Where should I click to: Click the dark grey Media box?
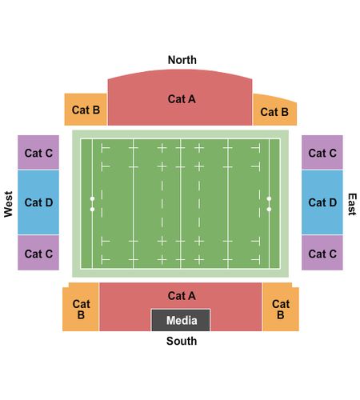point(181,320)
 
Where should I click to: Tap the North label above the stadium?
point(182,60)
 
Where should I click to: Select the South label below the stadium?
point(182,341)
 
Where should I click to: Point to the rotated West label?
point(8,204)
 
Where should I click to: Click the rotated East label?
point(352,204)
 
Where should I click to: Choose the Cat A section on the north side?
point(180,98)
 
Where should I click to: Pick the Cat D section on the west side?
point(38,202)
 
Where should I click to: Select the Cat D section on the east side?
point(322,202)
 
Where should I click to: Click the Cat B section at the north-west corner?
point(86,110)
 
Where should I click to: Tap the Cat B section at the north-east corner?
point(274,110)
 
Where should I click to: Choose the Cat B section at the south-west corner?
point(81,307)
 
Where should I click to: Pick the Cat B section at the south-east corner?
point(281,307)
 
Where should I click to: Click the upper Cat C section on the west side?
point(38,152)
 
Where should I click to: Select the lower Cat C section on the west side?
point(38,253)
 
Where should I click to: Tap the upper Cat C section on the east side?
point(322,152)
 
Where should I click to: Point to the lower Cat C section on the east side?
point(322,253)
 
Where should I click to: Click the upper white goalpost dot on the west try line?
point(92,198)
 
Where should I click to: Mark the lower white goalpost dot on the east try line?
point(269,210)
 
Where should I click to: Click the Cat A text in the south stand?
point(182,296)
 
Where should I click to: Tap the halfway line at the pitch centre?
point(181,204)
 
